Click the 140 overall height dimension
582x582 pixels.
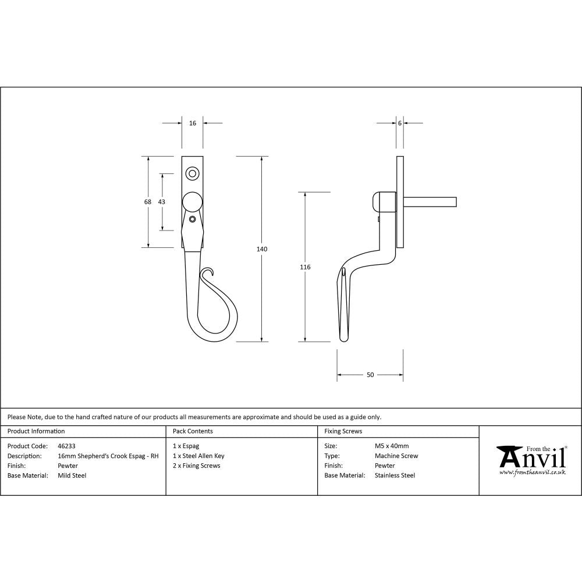[x=262, y=249]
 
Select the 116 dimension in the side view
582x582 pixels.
[x=305, y=267]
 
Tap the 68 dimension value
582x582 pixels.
[x=148, y=202]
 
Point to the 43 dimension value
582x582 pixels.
[x=162, y=202]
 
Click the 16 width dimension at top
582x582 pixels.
[x=193, y=123]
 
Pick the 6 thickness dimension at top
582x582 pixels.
[x=400, y=123]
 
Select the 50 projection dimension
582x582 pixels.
[x=370, y=375]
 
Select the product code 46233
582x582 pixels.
[x=66, y=446]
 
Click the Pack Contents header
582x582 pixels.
[x=193, y=431]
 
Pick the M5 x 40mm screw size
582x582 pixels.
[x=392, y=446]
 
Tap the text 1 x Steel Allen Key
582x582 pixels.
[x=198, y=456]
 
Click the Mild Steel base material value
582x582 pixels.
[x=72, y=475]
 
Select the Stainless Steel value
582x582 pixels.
[x=395, y=475]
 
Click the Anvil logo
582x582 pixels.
[x=531, y=460]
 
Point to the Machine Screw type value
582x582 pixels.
[x=396, y=456]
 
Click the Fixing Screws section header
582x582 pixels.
[x=343, y=431]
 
